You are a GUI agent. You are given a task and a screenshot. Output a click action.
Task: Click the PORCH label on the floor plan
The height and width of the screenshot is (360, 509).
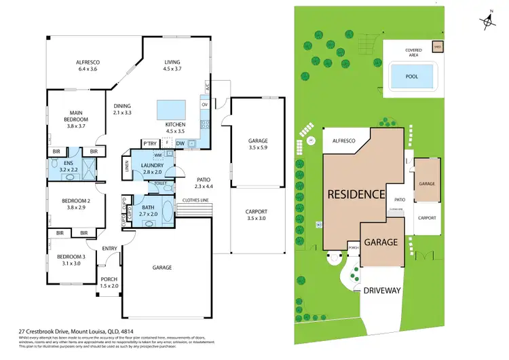[109, 279]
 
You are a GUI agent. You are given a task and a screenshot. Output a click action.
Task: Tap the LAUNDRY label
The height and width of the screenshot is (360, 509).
[151, 166]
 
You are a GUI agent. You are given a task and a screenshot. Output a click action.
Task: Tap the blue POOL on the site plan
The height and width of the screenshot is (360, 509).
[411, 76]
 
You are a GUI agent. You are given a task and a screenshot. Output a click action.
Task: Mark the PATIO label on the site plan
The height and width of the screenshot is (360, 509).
[400, 200]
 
